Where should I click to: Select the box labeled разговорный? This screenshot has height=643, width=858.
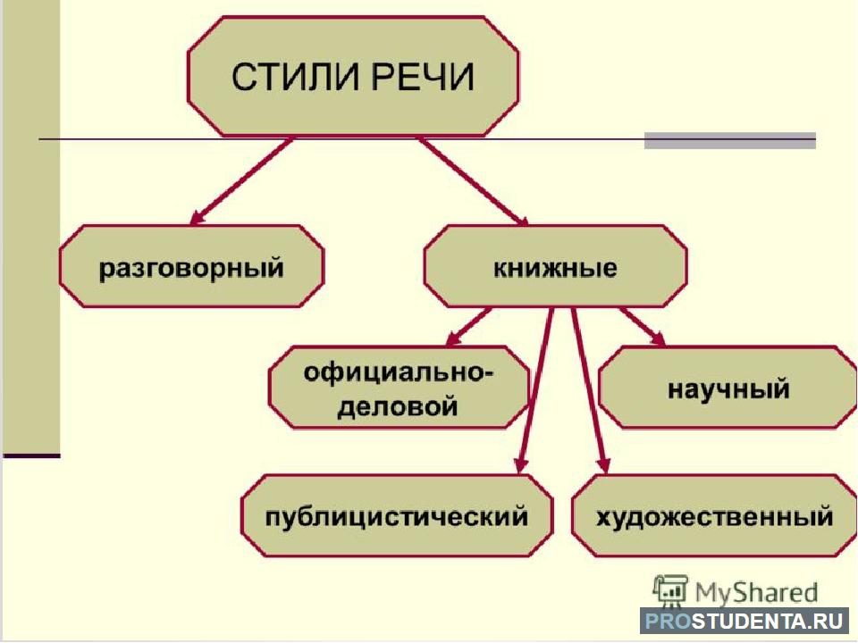pos(191,266)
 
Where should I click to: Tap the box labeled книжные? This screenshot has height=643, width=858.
pos(555,266)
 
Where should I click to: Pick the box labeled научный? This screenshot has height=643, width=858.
pos(728,387)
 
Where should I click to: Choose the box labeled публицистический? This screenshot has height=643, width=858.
pos(397,515)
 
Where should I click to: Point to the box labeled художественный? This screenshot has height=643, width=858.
pos(714,515)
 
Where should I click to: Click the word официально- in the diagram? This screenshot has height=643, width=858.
pos(399,373)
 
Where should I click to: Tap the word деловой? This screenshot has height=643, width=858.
pos(397,407)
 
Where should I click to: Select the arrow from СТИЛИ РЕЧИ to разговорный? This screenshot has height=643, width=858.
pos(240,181)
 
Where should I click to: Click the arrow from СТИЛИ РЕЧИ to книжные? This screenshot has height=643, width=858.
pos(474,181)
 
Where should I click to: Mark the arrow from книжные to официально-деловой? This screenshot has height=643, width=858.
pos(467,327)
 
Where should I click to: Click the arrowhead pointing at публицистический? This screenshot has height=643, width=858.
pos(521,465)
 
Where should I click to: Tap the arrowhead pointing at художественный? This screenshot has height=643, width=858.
pos(603,465)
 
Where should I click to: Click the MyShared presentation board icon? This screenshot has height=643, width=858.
pos(670,590)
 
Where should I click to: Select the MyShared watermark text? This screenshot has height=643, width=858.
pos(756,592)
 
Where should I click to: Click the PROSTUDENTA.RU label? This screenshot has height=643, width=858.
pos(744,622)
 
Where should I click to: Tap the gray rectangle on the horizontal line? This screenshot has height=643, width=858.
pos(730,140)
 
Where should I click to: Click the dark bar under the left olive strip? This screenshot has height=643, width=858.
pos(32,455)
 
